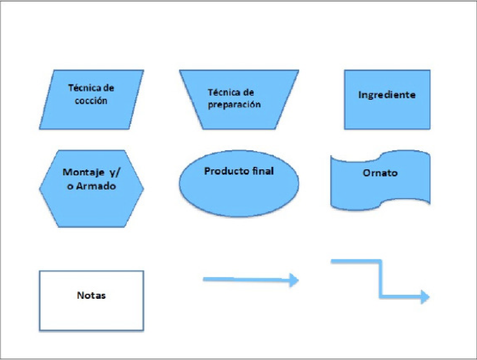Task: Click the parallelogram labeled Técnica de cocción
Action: coord(91,99)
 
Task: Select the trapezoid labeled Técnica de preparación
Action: coord(239,99)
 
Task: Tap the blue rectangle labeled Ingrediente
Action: coord(387,99)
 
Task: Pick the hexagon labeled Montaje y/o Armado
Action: coord(91,189)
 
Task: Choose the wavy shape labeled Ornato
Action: coord(380,180)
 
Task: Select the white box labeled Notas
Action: coord(91,300)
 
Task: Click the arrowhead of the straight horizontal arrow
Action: coord(294,280)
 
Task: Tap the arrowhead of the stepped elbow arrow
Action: coord(425,297)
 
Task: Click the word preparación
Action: coord(234,105)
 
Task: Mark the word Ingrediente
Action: coord(387,95)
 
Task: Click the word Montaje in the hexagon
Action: coord(82,173)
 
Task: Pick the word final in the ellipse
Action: coord(262,171)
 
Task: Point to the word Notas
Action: coord(91,296)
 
